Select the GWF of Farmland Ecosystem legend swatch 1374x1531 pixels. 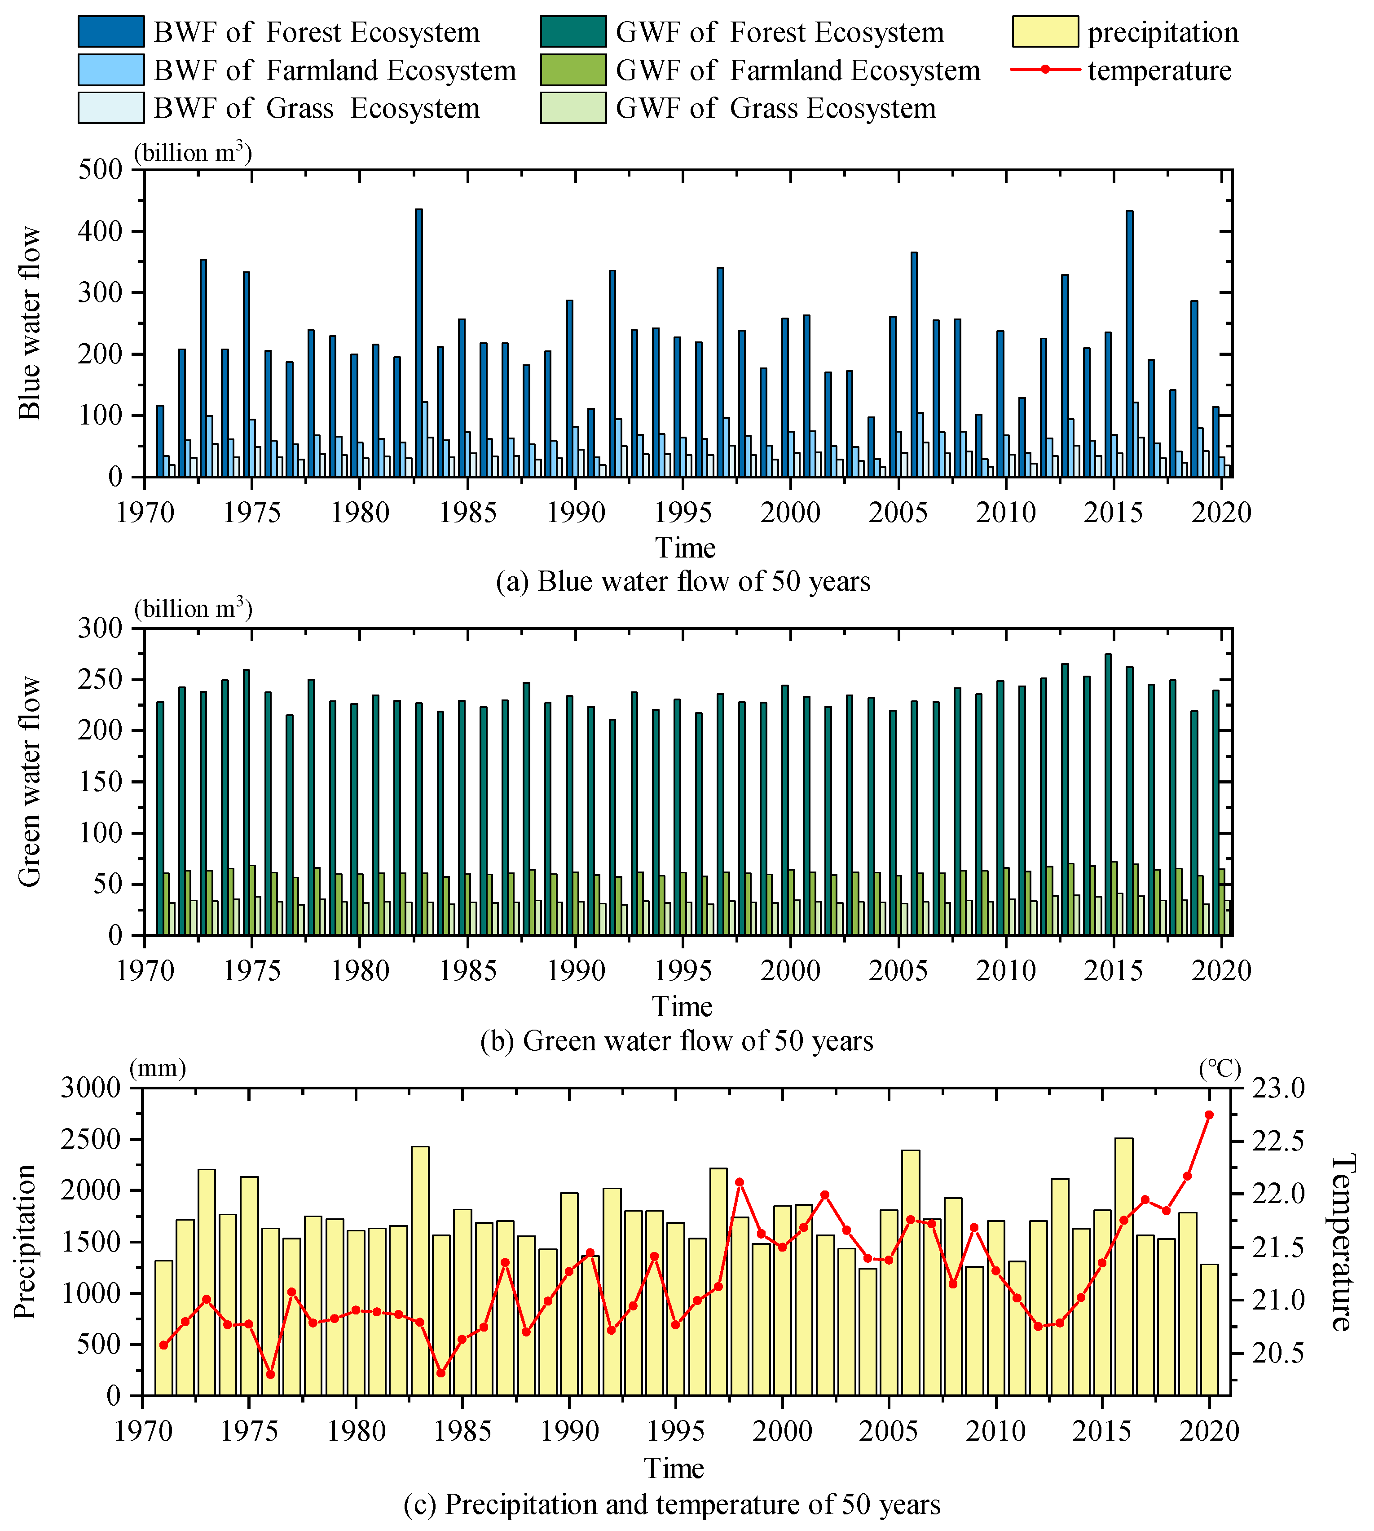click(573, 70)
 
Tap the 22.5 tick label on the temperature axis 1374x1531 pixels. click(1278, 1141)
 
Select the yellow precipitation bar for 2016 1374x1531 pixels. click(1123, 1269)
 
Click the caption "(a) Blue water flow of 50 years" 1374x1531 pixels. click(683, 582)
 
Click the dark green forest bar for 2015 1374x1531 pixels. click(1107, 793)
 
